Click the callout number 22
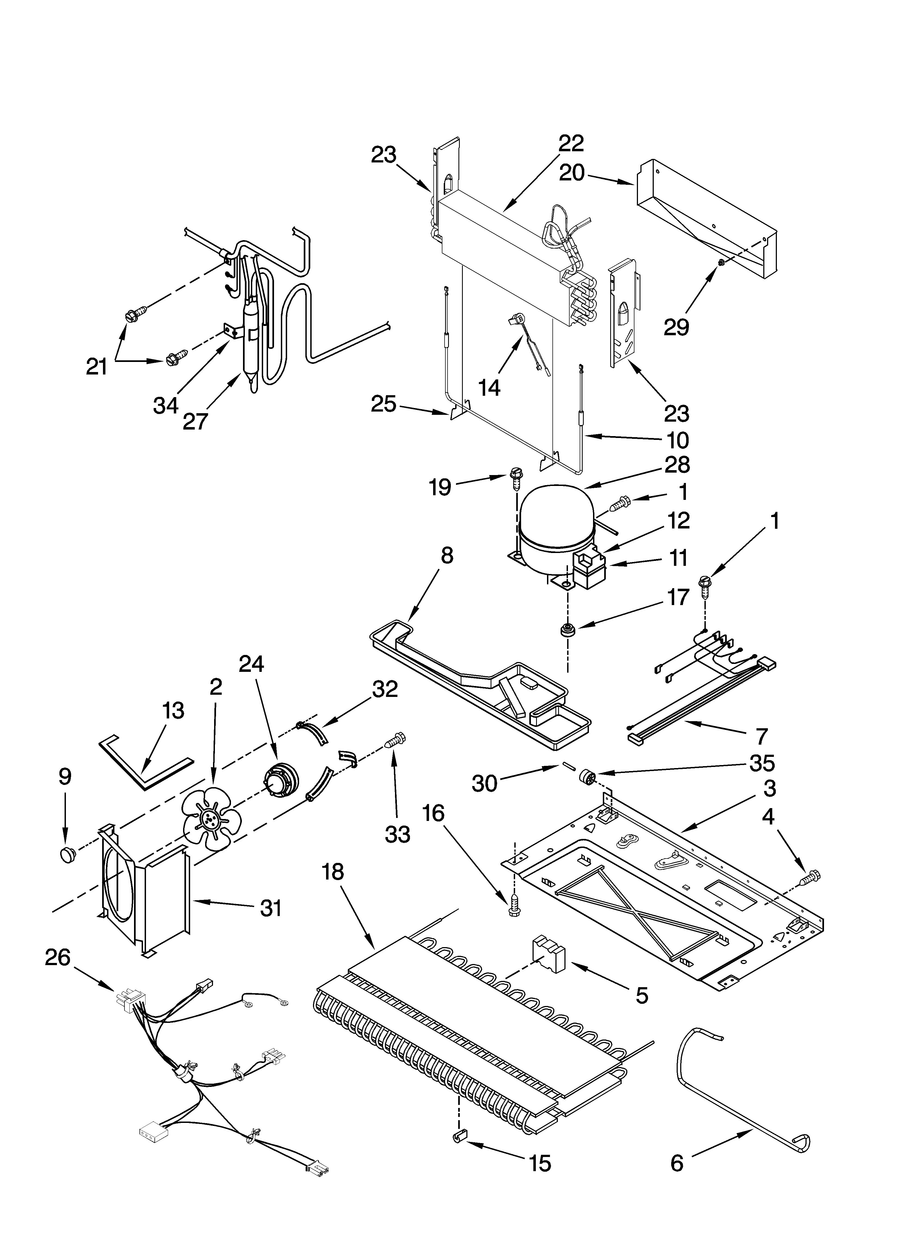coord(571,143)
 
